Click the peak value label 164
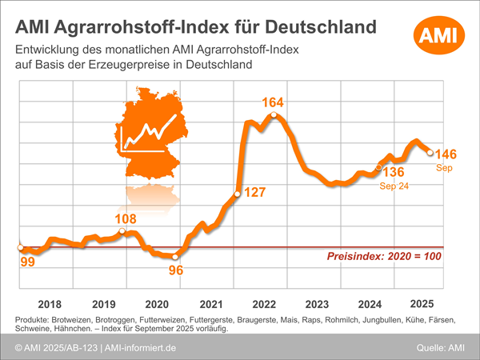click(274, 102)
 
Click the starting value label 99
click(26, 262)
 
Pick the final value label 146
click(446, 154)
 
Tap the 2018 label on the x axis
click(50, 304)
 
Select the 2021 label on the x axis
click(210, 304)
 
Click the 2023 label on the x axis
click(318, 304)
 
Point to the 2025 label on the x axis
click(422, 304)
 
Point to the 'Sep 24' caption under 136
click(394, 185)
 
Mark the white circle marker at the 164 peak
click(274, 116)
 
